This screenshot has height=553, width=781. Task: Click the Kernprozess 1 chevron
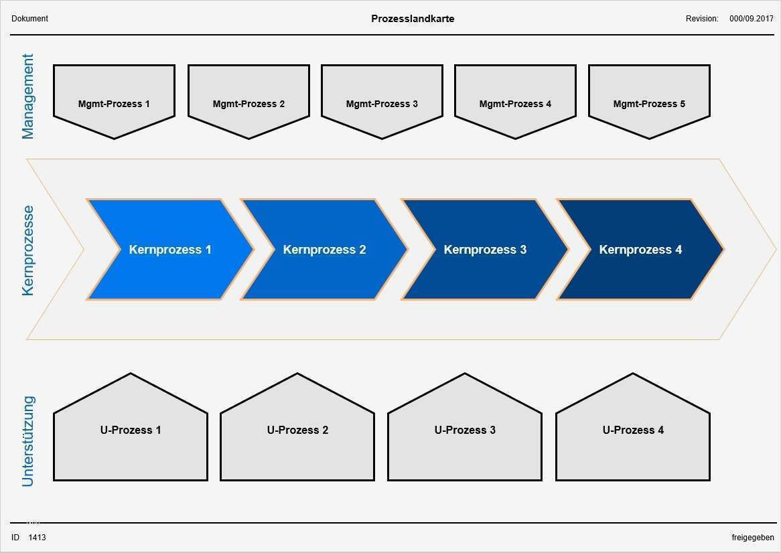[170, 250]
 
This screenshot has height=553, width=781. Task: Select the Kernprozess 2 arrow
[324, 250]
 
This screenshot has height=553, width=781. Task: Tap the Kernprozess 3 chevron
[485, 250]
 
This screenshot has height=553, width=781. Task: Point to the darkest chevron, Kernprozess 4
[640, 250]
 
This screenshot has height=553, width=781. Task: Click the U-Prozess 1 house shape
[131, 430]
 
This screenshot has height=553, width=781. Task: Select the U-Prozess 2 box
[297, 430]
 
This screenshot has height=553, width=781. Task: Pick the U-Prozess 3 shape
[465, 430]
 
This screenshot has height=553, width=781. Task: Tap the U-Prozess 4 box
[633, 430]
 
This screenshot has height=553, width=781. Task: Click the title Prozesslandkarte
[413, 19]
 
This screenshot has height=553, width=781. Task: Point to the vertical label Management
[28, 96]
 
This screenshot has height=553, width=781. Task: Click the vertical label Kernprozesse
[28, 250]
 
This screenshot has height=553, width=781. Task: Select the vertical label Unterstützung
[28, 441]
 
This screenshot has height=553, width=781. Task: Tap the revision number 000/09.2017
[751, 19]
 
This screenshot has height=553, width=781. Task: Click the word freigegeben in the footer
[752, 538]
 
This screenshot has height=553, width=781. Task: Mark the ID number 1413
[38, 538]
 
